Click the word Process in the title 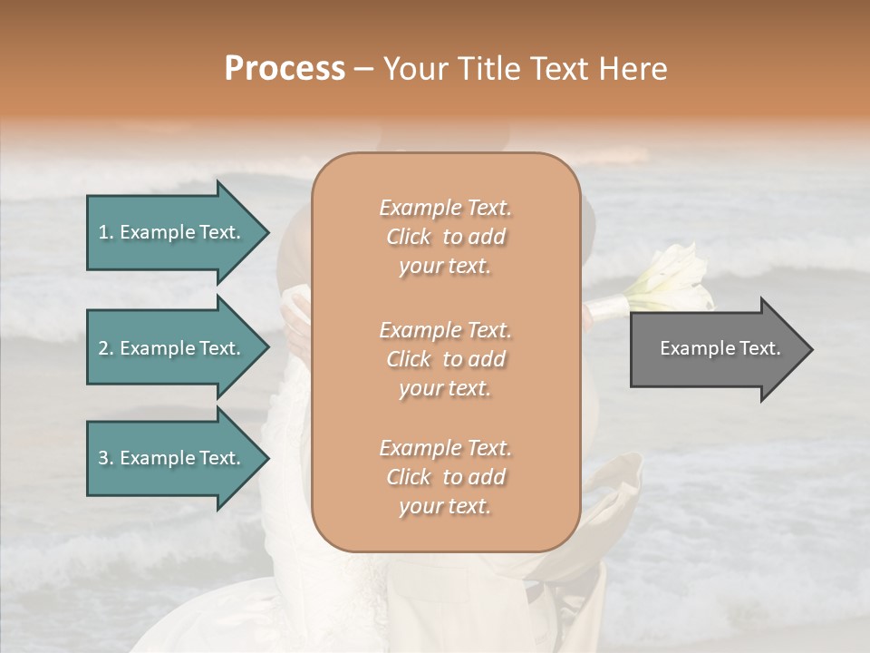(285, 69)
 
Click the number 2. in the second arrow (106, 348)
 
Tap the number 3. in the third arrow (106, 458)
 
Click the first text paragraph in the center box (445, 237)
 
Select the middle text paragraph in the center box (445, 359)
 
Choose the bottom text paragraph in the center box (445, 477)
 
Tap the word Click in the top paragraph (408, 237)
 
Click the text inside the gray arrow (720, 348)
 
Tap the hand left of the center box (296, 322)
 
